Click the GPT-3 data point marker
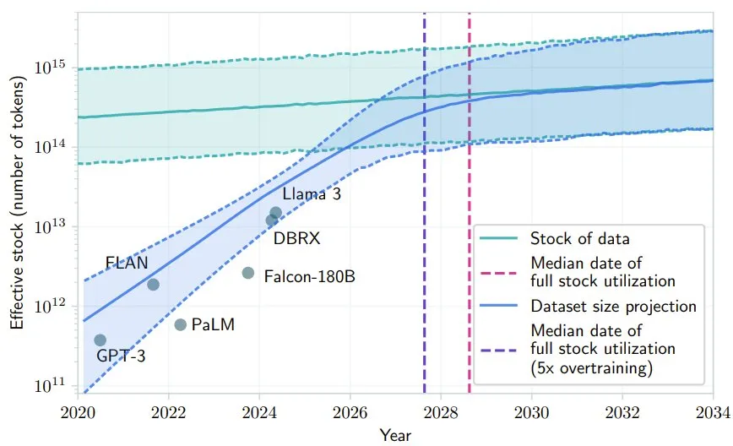point(100,340)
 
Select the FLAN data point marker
point(153,284)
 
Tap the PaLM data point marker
point(180,324)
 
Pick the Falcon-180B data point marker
point(247,273)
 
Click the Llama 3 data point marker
point(275,213)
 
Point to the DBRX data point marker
point(271,220)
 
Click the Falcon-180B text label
point(309,275)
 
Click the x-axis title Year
point(395,434)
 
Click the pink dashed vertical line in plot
point(469,169)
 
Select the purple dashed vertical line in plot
point(424,169)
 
